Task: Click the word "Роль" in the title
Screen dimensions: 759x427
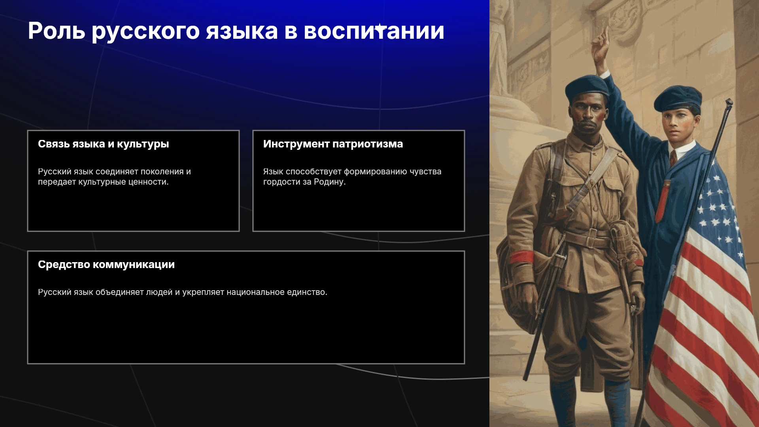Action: (57, 31)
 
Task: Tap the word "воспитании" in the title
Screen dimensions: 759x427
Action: (374, 31)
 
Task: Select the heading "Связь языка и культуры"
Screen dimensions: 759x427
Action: (104, 144)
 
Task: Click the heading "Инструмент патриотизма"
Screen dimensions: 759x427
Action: (333, 144)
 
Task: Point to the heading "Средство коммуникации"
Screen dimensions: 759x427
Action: (106, 265)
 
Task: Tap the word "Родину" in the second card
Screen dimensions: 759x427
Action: (330, 182)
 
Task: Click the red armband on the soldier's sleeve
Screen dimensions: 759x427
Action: (522, 257)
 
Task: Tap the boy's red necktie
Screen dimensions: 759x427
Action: (673, 158)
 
